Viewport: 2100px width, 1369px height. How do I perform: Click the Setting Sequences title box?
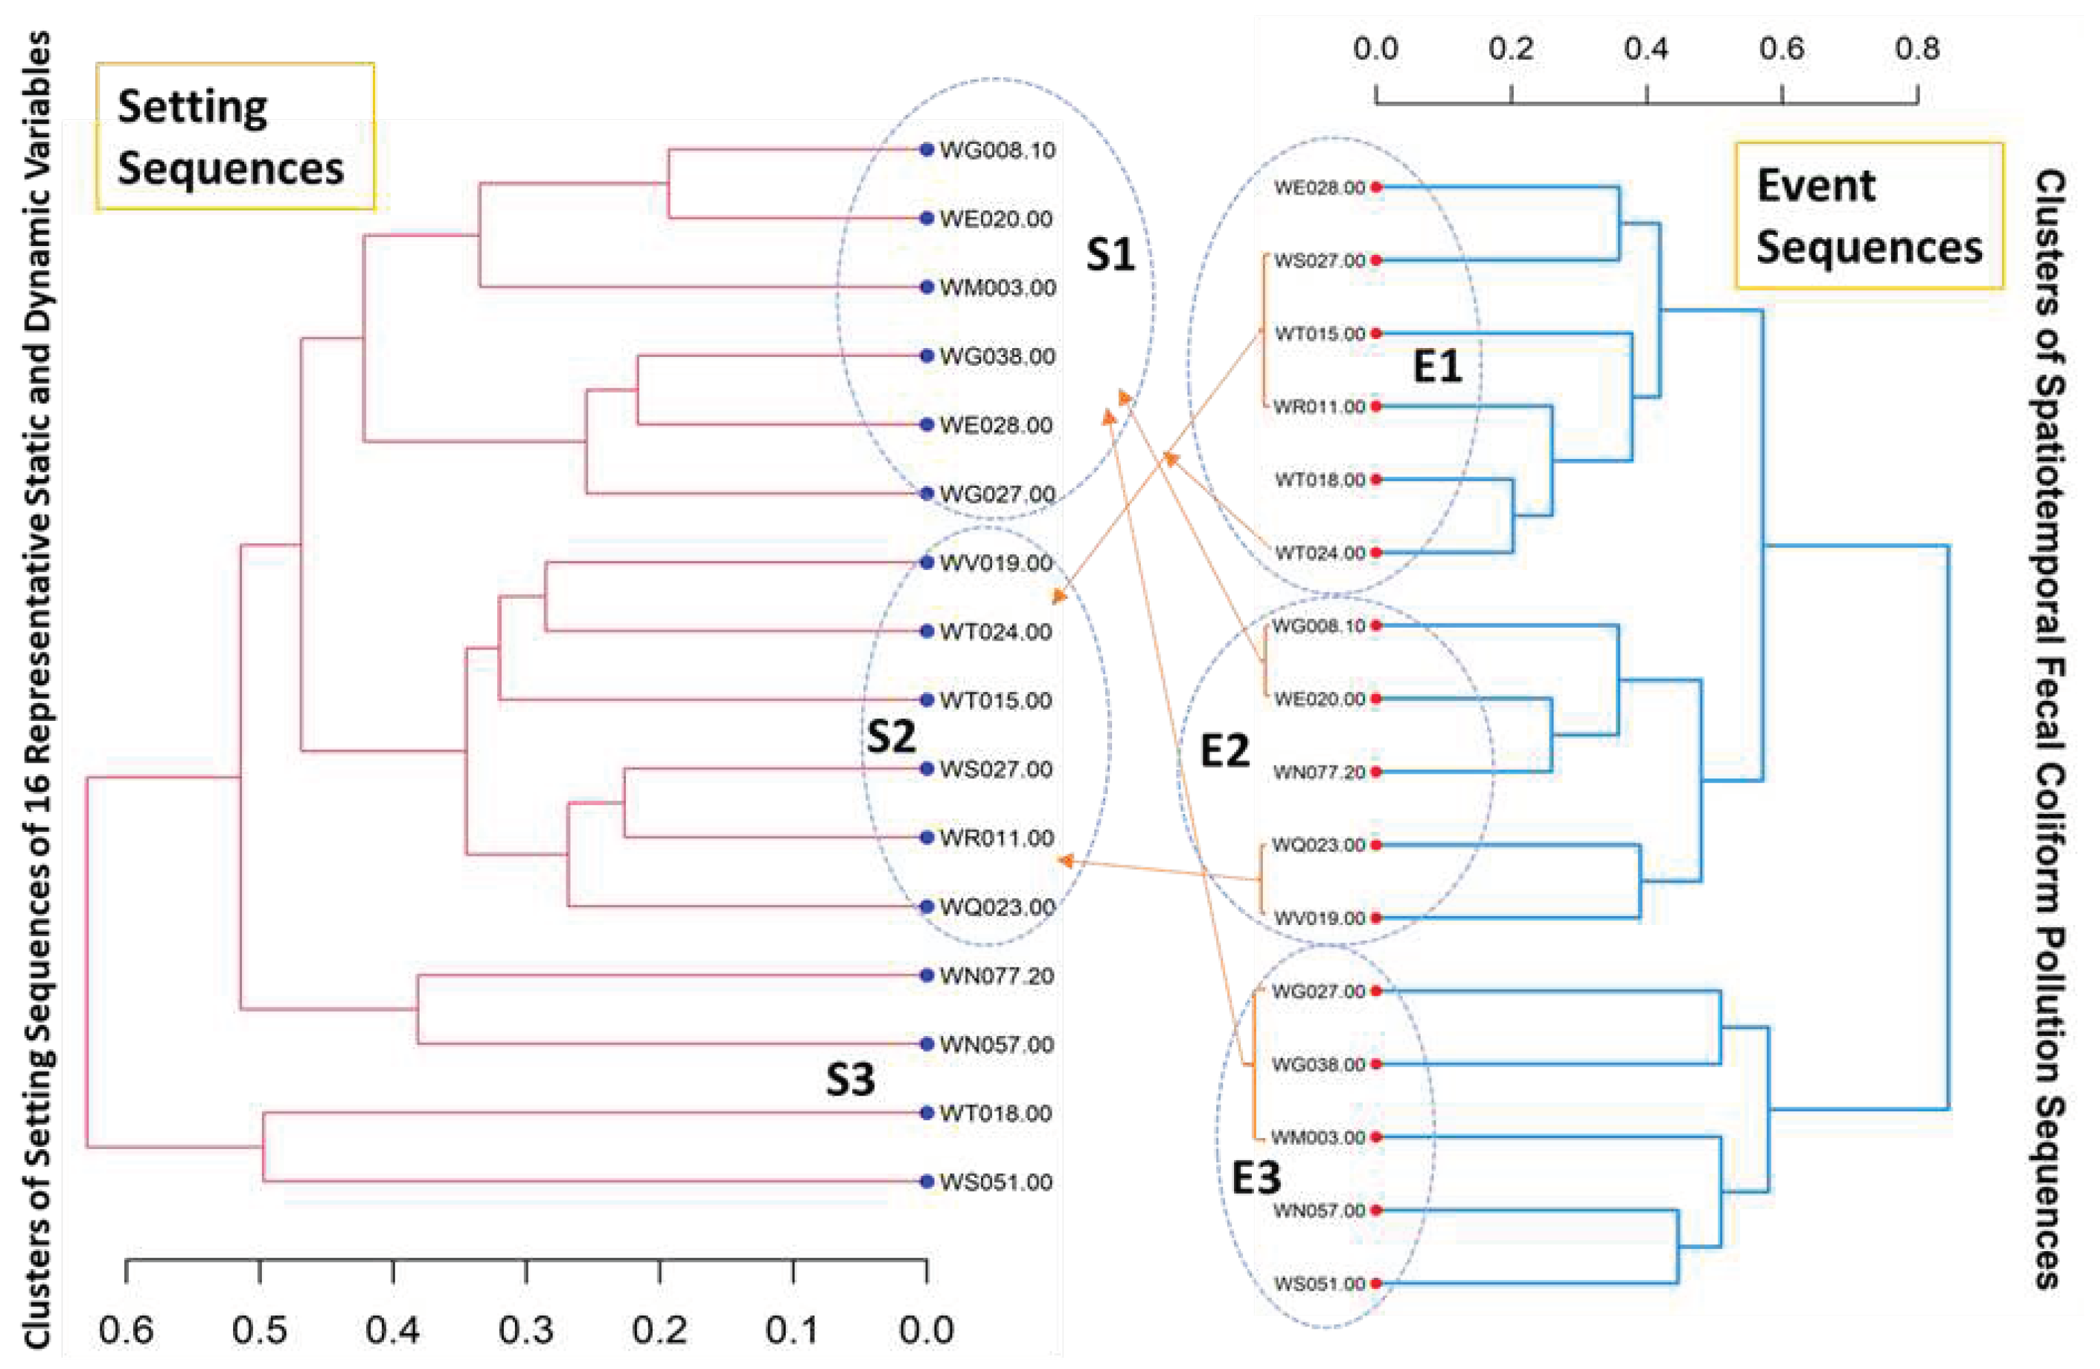(x=234, y=137)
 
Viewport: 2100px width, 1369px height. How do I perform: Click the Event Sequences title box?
(x=1868, y=216)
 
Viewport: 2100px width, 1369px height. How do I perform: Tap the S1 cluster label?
(x=1109, y=256)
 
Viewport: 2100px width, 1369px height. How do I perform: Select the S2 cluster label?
(x=891, y=737)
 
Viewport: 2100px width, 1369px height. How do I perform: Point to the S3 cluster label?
(x=849, y=1078)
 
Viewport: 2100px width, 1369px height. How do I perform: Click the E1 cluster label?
(x=1436, y=366)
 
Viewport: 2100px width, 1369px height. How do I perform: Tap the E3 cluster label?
(x=1255, y=1178)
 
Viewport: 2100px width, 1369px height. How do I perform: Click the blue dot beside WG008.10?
(x=926, y=150)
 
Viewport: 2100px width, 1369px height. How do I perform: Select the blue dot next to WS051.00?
(x=926, y=1182)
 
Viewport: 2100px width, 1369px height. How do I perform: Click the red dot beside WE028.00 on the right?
(x=1375, y=188)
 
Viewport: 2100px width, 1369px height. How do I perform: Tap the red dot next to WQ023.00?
(x=1375, y=845)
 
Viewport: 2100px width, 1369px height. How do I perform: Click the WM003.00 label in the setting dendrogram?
(x=997, y=288)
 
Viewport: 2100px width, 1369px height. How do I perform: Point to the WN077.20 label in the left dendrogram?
(x=996, y=976)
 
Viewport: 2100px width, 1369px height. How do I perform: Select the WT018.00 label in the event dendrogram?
(x=1319, y=480)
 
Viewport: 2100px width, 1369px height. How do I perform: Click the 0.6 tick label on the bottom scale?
(x=126, y=1329)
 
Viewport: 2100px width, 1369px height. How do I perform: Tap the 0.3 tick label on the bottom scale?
(x=526, y=1329)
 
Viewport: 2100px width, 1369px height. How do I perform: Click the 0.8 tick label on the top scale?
(x=1916, y=49)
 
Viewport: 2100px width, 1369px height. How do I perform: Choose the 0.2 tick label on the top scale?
(x=1510, y=49)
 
